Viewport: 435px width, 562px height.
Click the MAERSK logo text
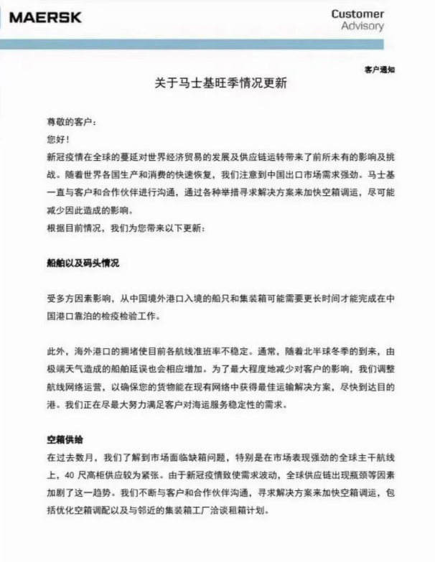[45, 17]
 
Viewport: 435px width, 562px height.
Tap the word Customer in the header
[357, 14]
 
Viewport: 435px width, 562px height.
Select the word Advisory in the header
[362, 27]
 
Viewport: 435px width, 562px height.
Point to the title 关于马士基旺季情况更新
[216, 83]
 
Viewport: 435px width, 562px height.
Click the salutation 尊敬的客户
[70, 122]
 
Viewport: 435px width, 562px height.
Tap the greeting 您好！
[59, 138]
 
